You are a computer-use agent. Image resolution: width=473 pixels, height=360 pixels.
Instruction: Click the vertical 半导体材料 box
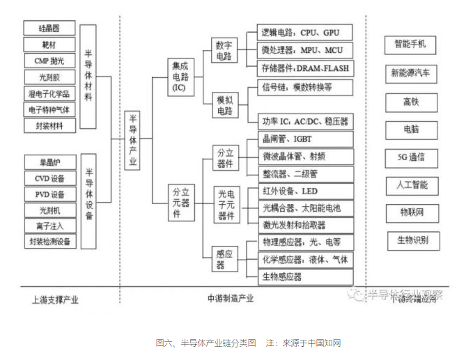(88, 77)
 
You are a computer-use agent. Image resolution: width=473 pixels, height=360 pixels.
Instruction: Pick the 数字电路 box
(223, 49)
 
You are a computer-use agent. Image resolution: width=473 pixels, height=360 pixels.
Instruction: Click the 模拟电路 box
(223, 104)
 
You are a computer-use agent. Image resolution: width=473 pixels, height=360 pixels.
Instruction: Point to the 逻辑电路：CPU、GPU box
(305, 32)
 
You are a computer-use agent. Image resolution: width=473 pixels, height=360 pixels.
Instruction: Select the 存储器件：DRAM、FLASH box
(305, 68)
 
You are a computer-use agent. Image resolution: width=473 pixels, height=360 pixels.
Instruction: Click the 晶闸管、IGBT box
(305, 139)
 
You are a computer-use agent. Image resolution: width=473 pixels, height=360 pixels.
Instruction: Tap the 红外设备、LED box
(305, 191)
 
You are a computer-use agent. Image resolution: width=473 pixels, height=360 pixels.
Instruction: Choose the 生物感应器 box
(305, 276)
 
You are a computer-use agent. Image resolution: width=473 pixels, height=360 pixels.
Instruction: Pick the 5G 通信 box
(410, 157)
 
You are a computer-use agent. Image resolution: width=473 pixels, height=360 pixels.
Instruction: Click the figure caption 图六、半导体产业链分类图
(207, 343)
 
